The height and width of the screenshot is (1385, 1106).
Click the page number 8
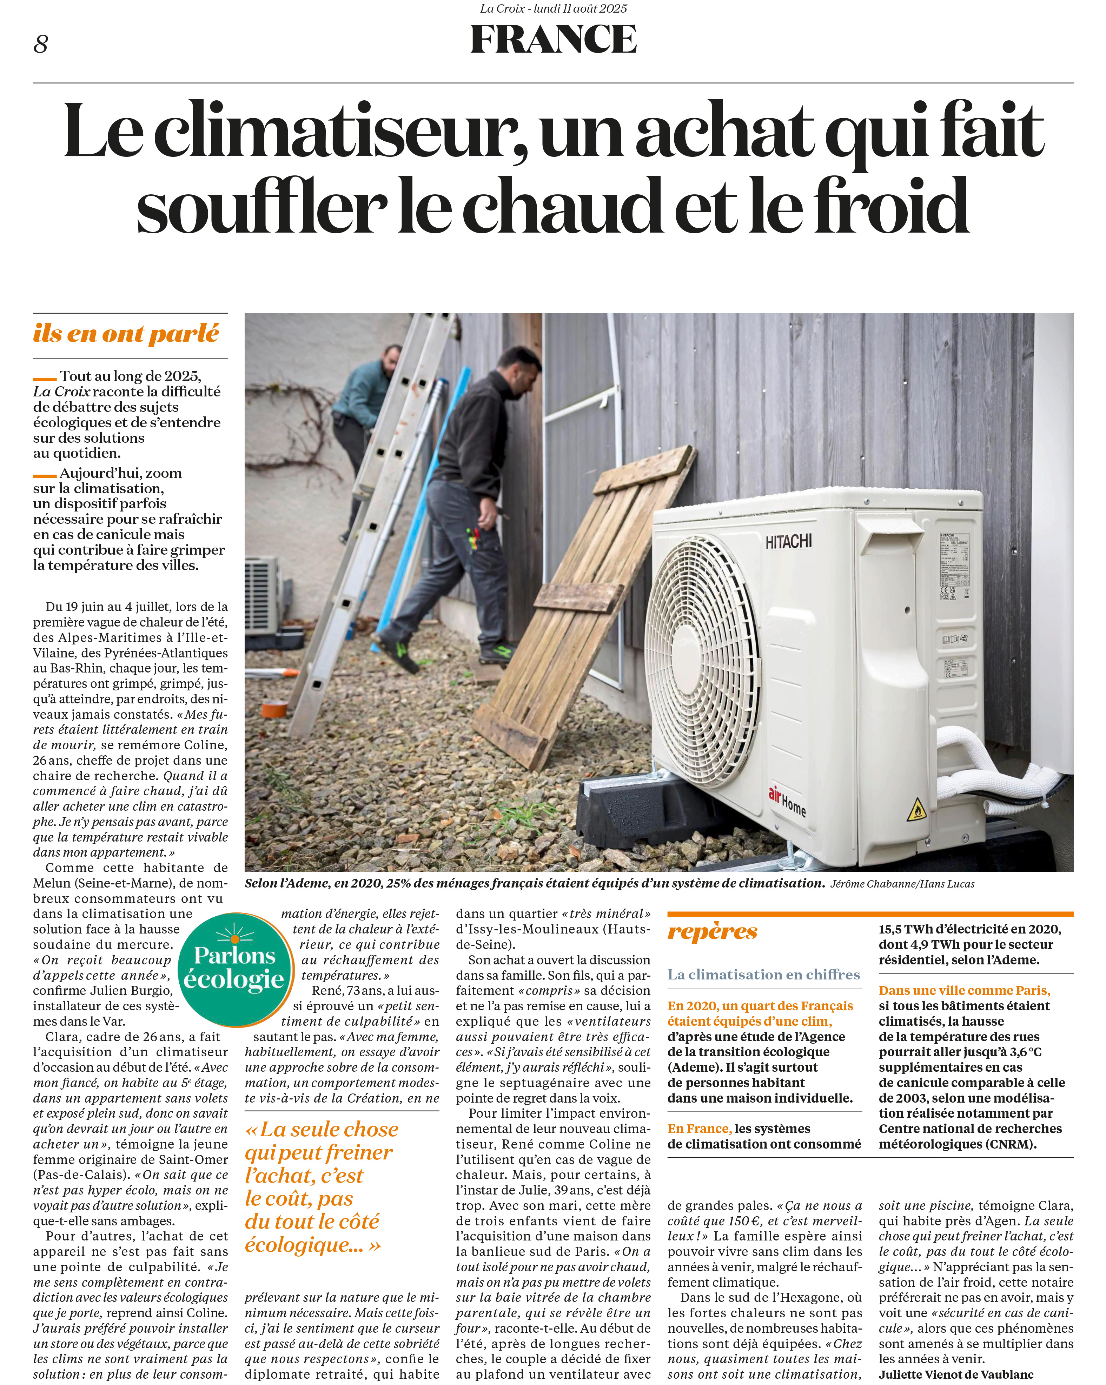click(x=40, y=44)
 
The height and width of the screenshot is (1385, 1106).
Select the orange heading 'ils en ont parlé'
click(x=126, y=333)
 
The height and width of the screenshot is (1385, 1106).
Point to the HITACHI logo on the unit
click(x=789, y=542)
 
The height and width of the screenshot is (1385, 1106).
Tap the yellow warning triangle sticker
click(x=916, y=811)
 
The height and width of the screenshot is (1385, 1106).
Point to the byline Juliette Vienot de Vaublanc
click(x=956, y=1375)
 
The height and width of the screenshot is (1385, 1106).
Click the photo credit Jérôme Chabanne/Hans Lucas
click(x=902, y=884)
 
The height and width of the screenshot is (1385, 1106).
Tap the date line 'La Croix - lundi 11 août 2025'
click(x=553, y=8)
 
